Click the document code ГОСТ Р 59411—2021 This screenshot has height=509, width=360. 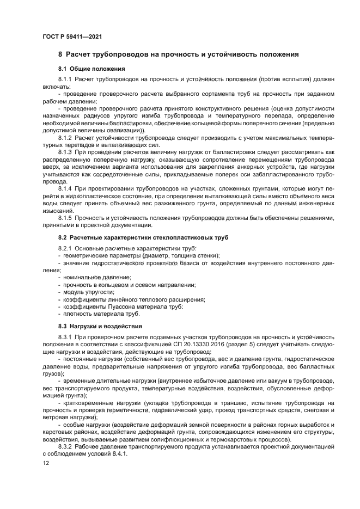point(72,36)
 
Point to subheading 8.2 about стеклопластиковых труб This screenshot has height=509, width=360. point(143,238)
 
